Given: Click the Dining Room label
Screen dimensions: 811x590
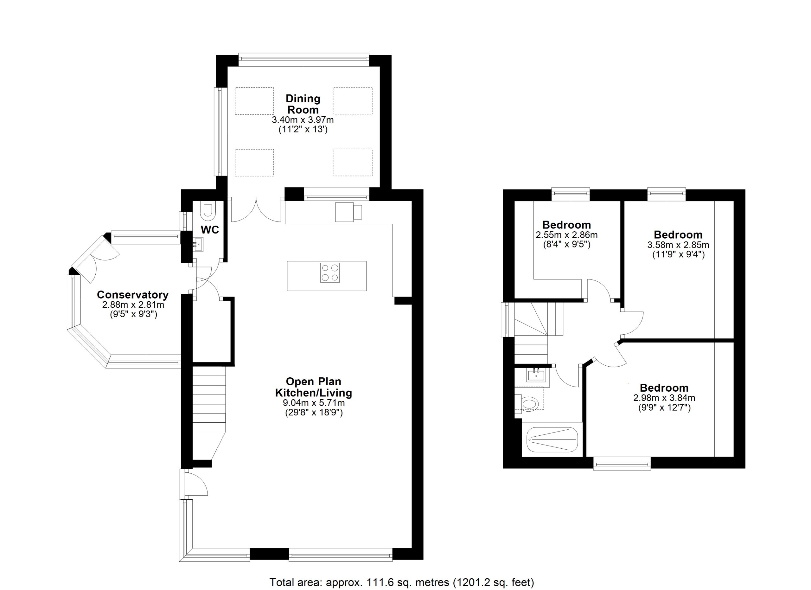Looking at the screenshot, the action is tap(303, 104).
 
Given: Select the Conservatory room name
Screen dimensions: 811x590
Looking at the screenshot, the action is tap(133, 295).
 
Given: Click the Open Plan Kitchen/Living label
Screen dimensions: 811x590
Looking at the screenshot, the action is tap(313, 387).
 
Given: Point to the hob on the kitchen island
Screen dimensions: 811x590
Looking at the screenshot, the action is tap(330, 273).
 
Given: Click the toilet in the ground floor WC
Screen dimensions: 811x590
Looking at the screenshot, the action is tap(207, 211).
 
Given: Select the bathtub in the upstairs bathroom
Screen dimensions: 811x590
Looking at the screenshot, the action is tap(552, 439).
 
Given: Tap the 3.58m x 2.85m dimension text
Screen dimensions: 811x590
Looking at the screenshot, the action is tap(678, 245).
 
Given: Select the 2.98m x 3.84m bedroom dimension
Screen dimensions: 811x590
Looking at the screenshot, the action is tap(664, 398).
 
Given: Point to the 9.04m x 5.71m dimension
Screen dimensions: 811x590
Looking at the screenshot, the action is tap(314, 403).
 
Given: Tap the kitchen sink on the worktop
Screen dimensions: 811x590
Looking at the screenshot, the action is tap(349, 212).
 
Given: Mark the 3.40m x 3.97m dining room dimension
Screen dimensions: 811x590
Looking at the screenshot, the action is tap(303, 120).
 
